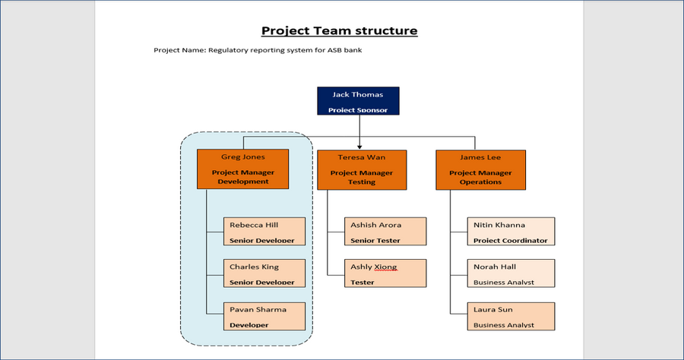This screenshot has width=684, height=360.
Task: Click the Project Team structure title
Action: tap(339, 31)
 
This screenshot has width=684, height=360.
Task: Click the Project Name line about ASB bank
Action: tap(263, 51)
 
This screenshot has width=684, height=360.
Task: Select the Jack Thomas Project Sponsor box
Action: tap(358, 101)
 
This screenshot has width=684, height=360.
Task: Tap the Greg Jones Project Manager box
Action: tap(242, 169)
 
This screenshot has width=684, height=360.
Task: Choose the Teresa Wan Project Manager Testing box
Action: tap(361, 169)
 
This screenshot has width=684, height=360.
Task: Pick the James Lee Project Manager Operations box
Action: tap(480, 169)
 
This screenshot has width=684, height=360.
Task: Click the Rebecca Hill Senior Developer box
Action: tap(264, 232)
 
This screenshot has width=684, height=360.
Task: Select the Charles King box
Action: tap(264, 273)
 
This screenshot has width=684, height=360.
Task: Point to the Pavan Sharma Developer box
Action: tap(264, 316)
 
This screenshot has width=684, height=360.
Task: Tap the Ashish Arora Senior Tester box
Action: tap(385, 232)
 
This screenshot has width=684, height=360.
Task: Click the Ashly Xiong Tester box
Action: tap(385, 273)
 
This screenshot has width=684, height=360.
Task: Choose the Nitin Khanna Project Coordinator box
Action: tap(511, 232)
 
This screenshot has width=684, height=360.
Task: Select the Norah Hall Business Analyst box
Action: tap(511, 273)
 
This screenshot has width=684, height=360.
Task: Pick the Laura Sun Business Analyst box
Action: tap(511, 316)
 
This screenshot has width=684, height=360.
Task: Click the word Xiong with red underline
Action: tap(385, 267)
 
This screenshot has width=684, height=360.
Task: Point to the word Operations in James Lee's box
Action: tap(480, 182)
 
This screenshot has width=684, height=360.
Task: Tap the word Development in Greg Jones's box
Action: tap(243, 182)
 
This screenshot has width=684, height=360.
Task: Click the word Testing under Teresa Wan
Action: tap(362, 182)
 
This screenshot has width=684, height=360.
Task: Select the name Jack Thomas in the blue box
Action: tap(358, 95)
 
